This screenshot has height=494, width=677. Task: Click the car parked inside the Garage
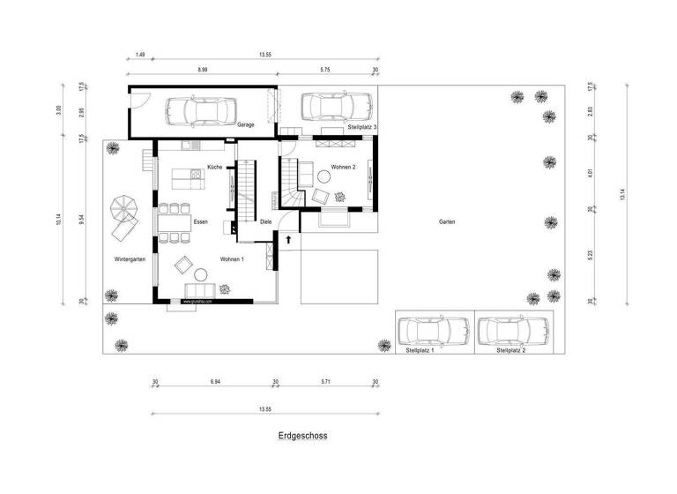pyautogui.click(x=198, y=111)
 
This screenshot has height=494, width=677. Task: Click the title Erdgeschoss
pyautogui.click(x=302, y=436)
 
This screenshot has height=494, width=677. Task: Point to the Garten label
pyautogui.click(x=447, y=222)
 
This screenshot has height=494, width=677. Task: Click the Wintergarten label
pyautogui.click(x=130, y=259)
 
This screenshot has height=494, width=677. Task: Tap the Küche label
pyautogui.click(x=215, y=167)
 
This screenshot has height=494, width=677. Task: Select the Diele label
pyautogui.click(x=265, y=222)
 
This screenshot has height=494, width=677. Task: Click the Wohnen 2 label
pyautogui.click(x=343, y=167)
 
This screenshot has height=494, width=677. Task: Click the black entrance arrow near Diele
pyautogui.click(x=288, y=238)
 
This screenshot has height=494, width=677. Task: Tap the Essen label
pyautogui.click(x=200, y=222)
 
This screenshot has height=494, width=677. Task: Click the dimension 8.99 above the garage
pyautogui.click(x=202, y=69)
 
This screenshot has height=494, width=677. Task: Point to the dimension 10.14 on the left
pyautogui.click(x=58, y=219)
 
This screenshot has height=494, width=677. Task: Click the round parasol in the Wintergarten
pyautogui.click(x=123, y=209)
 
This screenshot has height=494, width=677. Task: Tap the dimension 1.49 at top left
pyautogui.click(x=140, y=55)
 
